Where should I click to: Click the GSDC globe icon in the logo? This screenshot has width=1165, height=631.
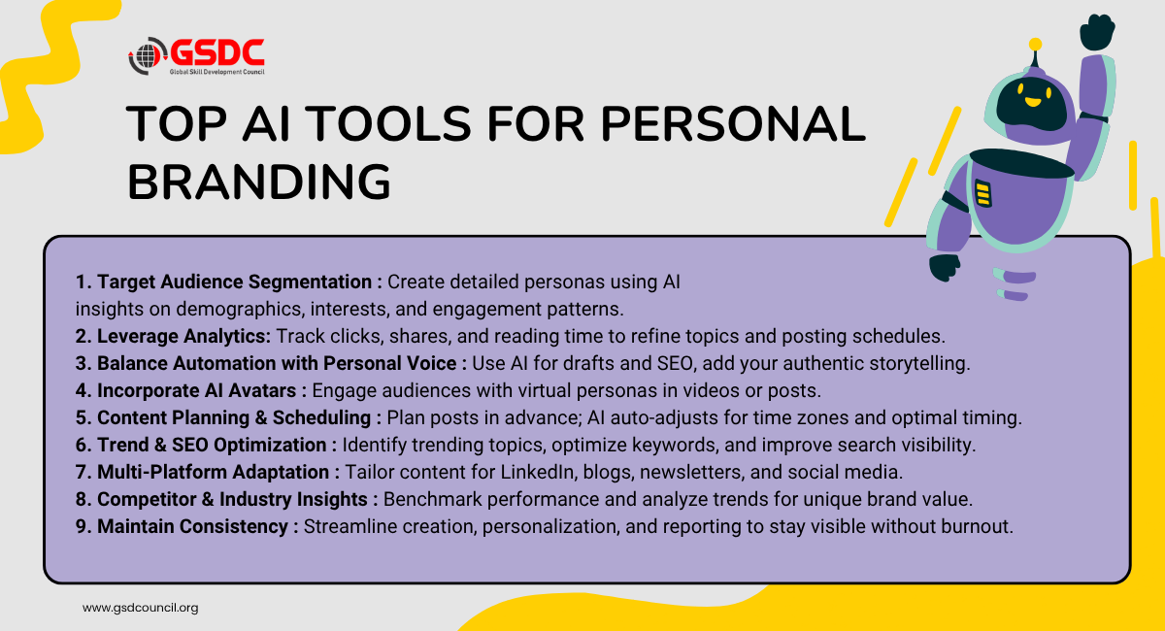point(147,55)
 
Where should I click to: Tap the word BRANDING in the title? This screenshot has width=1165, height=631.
point(259,183)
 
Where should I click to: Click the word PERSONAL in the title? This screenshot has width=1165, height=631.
point(733,124)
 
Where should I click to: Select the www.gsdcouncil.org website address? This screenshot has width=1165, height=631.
point(141,608)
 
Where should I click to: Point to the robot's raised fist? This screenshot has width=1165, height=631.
point(1097,32)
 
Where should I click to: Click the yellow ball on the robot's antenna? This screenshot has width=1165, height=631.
point(1035,45)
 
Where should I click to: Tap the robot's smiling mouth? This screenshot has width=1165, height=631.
point(1032,102)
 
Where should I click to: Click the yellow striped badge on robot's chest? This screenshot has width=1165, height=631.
point(982,193)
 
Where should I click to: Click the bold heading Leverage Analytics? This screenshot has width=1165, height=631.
point(183,336)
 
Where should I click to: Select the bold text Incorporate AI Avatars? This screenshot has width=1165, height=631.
point(197,390)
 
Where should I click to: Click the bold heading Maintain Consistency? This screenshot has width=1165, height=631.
point(192,526)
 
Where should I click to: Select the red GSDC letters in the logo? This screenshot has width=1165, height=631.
point(216,53)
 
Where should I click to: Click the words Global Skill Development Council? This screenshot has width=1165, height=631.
point(216,72)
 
